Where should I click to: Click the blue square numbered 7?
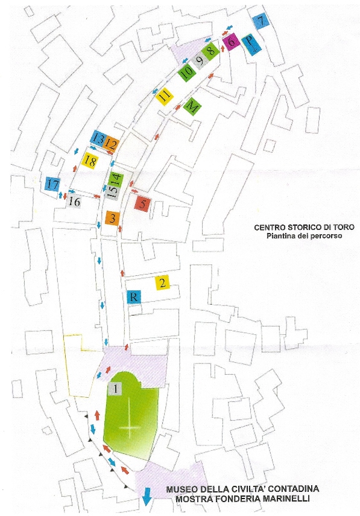261,22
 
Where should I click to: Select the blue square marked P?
251,45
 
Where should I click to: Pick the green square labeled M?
192,107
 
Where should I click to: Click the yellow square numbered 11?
165,97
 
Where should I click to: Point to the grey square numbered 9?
200,61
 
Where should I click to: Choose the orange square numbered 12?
111,144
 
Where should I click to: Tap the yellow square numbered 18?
90,161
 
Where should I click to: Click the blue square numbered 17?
52,184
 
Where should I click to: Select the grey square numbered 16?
74,201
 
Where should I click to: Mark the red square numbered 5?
142,204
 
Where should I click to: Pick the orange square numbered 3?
112,218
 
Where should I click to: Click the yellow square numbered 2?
162,282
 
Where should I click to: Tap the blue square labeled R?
134,297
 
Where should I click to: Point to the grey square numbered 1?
115,389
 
